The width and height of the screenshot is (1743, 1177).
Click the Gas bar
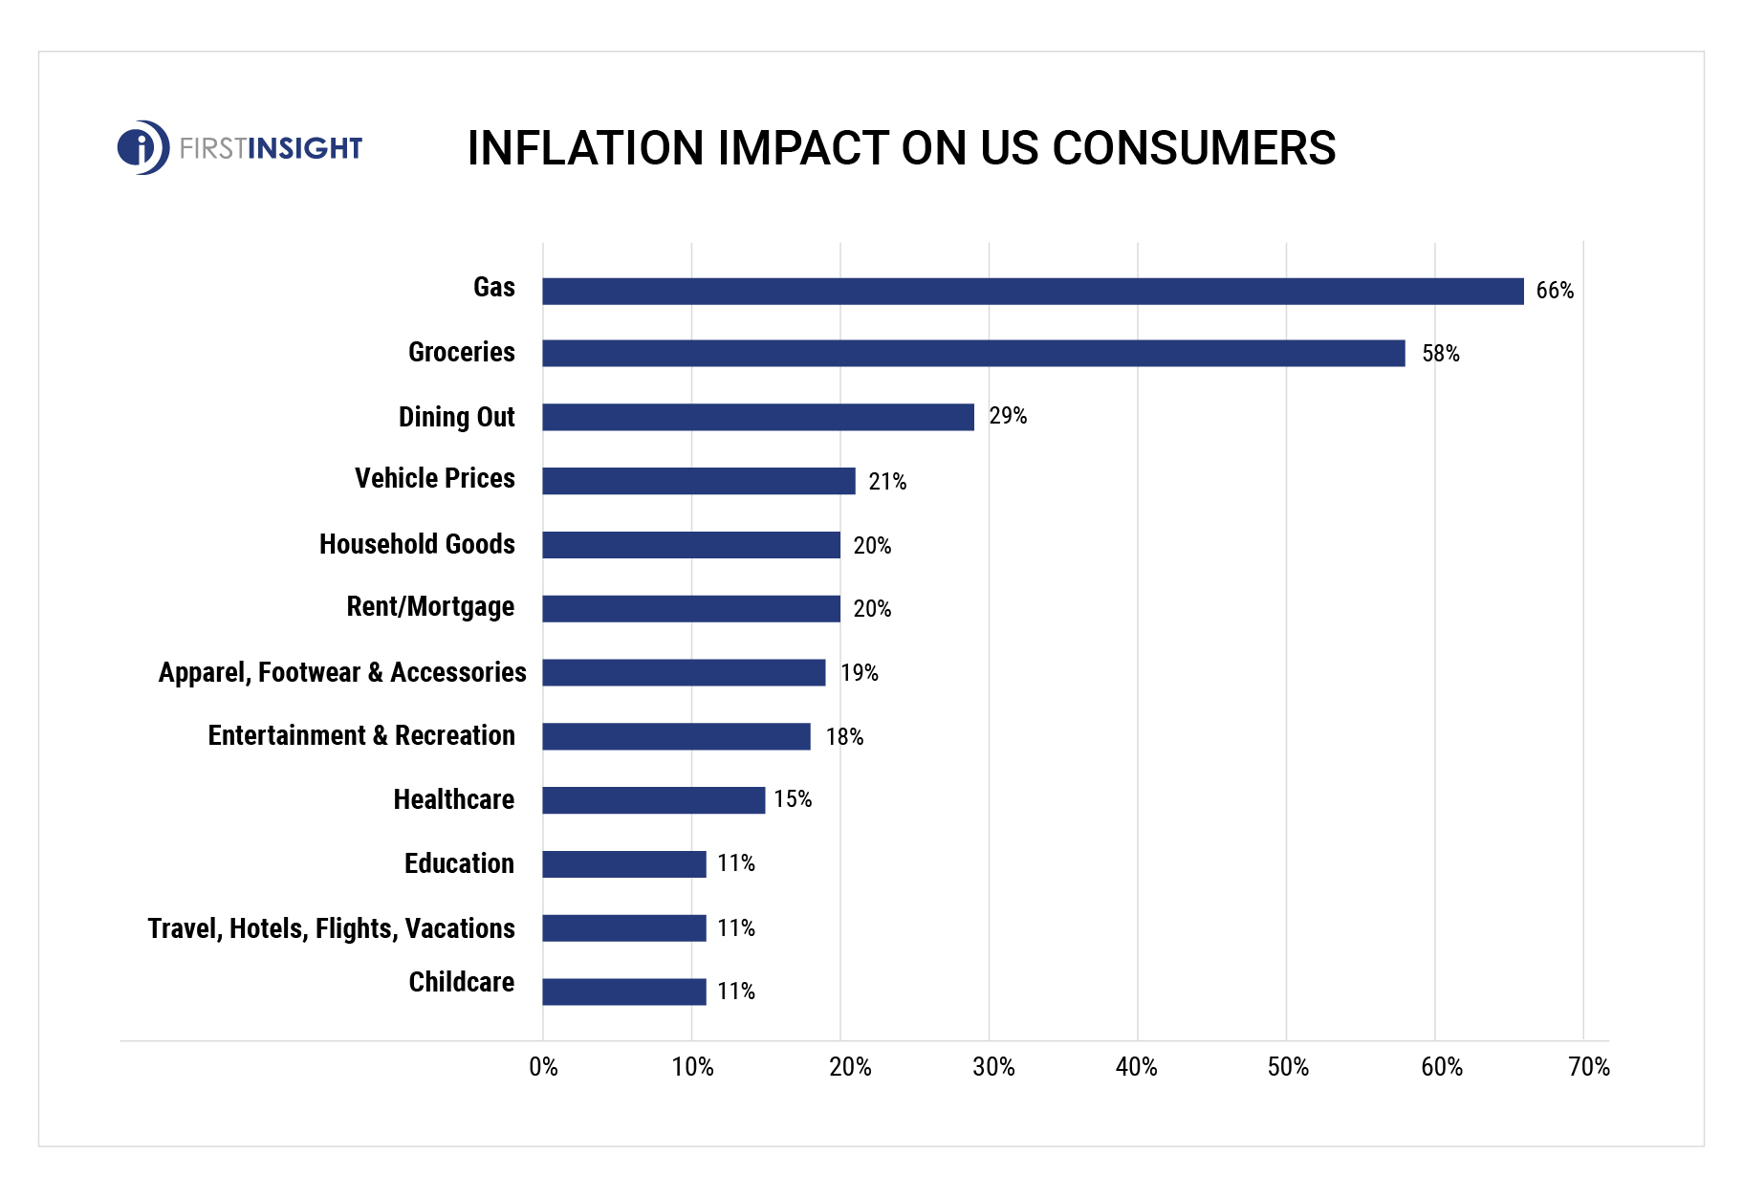(x=1033, y=292)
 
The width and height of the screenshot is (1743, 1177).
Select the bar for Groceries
(x=973, y=353)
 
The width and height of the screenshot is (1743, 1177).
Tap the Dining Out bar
(x=757, y=417)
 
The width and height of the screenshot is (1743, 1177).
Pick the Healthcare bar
(x=653, y=800)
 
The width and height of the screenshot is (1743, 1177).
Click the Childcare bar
(x=623, y=992)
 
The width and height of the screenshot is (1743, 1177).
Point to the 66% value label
(x=1555, y=291)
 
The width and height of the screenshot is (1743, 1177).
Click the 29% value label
(x=1008, y=416)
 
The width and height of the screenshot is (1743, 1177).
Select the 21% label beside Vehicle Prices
(x=887, y=482)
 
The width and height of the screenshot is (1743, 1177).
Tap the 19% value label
(x=860, y=673)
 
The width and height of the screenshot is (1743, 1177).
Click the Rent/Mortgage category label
(x=430, y=607)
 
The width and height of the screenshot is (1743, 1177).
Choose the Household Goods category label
(x=417, y=544)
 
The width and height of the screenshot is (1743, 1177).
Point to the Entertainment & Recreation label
(x=361, y=735)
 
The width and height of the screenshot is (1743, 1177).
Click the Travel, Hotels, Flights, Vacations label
(x=331, y=928)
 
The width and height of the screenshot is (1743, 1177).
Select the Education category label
(x=459, y=863)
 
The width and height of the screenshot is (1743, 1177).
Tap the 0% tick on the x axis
(x=543, y=1067)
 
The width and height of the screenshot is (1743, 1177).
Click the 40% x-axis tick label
(x=1136, y=1067)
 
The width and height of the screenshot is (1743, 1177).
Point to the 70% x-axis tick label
(x=1589, y=1067)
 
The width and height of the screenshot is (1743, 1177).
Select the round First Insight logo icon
(x=143, y=147)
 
